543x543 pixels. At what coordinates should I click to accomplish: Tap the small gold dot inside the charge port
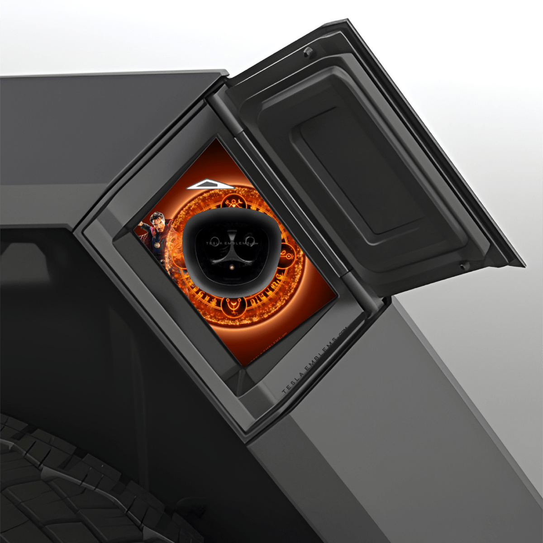[232, 267]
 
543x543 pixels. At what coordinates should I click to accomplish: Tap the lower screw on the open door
[463, 266]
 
